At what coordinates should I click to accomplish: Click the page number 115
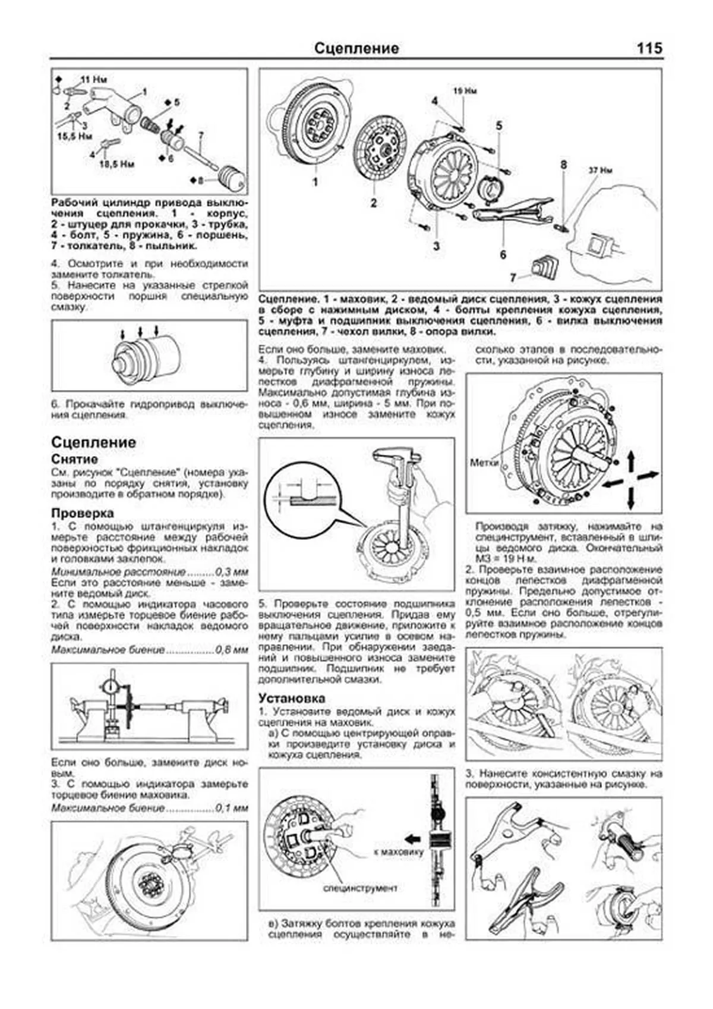click(x=649, y=48)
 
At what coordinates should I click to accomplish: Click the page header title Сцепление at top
click(x=356, y=48)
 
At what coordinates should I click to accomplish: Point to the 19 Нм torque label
click(x=465, y=91)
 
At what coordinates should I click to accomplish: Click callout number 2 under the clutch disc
click(x=374, y=203)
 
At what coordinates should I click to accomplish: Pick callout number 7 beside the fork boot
click(x=513, y=276)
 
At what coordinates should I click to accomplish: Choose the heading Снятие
click(x=74, y=459)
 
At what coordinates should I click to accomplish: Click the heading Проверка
click(x=83, y=513)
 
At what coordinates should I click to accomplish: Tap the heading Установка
click(x=292, y=698)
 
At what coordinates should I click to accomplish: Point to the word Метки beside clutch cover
click(x=484, y=462)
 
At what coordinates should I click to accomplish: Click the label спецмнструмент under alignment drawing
click(x=360, y=888)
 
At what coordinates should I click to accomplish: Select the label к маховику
click(x=398, y=852)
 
